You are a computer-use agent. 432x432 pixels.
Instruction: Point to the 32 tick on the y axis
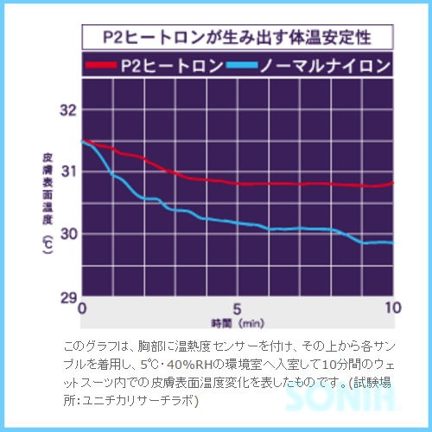[68, 110]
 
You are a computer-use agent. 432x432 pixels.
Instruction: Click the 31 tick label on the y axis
[68, 171]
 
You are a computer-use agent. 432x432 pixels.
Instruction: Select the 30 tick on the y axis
[68, 233]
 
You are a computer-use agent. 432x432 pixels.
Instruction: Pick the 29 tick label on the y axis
[68, 296]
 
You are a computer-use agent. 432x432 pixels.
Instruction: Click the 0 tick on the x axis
[83, 308]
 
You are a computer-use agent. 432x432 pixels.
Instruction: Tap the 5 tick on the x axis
[238, 308]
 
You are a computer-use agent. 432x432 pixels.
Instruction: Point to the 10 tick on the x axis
[392, 308]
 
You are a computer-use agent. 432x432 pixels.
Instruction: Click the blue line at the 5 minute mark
[238, 223]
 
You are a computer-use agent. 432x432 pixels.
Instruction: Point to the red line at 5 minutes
[238, 183]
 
